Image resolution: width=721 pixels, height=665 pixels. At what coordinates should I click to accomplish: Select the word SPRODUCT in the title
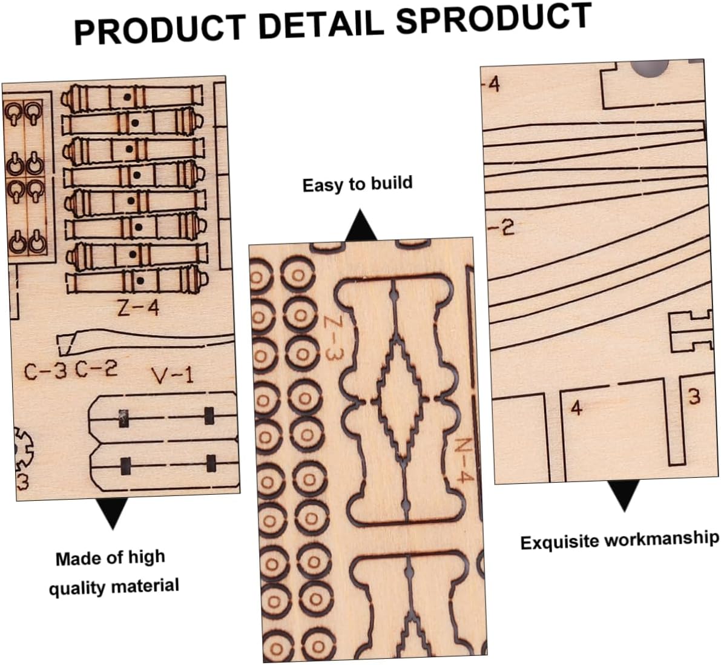pos(494,18)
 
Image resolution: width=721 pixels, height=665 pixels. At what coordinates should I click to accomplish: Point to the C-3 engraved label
pos(45,371)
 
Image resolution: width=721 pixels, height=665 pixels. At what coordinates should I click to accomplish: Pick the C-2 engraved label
pos(96,368)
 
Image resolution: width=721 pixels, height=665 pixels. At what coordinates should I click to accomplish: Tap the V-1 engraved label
pos(173,377)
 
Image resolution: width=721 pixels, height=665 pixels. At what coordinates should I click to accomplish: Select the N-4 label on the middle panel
pos(462,460)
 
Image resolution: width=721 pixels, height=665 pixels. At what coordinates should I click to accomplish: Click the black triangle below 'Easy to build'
pos(360,227)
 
